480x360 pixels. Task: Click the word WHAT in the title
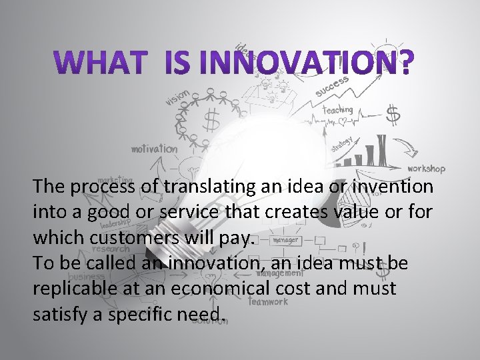tap(105, 62)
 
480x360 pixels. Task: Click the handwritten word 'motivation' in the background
tap(154, 149)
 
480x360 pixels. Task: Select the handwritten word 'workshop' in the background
tap(426, 169)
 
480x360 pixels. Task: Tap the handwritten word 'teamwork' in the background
tap(269, 301)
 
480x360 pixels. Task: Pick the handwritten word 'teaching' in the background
tap(337, 109)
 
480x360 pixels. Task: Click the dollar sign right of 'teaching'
tap(393, 115)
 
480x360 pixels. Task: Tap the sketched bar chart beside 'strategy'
tap(371, 152)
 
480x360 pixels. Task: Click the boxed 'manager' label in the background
tap(285, 238)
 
